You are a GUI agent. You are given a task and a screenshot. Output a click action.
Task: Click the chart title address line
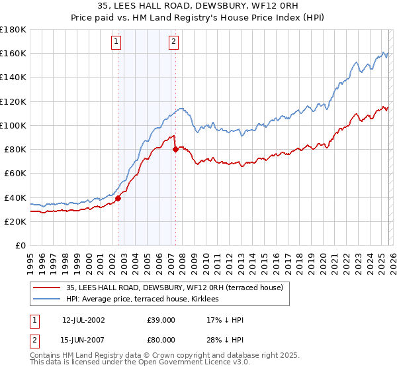(x=198, y=7)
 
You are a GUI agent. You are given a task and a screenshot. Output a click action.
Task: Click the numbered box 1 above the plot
(x=116, y=42)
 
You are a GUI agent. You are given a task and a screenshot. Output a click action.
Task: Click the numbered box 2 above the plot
(x=173, y=42)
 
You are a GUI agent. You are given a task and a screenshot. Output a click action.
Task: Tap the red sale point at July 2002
(x=118, y=198)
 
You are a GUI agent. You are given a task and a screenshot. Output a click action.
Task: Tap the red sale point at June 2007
(x=175, y=149)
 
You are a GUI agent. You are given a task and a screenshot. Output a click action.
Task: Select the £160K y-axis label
(x=13, y=53)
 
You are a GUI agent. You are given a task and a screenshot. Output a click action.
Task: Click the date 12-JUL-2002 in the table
(x=84, y=320)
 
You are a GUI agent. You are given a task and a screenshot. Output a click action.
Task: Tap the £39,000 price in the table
(x=161, y=320)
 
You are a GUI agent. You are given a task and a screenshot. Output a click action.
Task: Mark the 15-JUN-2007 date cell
(x=84, y=339)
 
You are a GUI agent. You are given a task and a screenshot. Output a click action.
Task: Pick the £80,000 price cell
(x=161, y=339)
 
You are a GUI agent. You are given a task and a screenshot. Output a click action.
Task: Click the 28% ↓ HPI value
(x=225, y=339)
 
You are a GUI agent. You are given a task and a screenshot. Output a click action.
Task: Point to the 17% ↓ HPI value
(x=225, y=320)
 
